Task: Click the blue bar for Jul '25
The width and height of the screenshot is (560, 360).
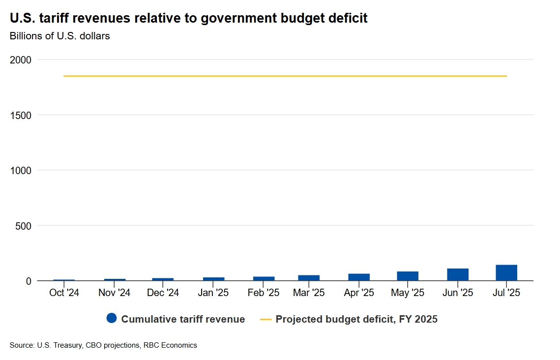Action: [506, 273]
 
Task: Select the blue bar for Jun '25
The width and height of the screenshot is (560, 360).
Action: [457, 275]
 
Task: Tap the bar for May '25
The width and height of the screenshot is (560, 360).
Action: [408, 276]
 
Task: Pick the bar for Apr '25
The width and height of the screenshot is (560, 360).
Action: [359, 277]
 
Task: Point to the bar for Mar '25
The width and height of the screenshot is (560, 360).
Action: [309, 278]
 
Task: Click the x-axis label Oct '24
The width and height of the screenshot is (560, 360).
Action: [64, 293]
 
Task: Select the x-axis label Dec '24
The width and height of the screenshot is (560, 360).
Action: [163, 293]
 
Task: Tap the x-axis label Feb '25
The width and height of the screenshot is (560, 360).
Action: [263, 293]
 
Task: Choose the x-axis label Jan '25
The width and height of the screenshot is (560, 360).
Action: [213, 293]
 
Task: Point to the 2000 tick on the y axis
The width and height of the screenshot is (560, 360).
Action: [21, 60]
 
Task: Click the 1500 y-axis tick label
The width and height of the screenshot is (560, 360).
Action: [21, 115]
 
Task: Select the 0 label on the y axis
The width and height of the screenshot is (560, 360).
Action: [29, 281]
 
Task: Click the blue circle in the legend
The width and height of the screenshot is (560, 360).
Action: [112, 319]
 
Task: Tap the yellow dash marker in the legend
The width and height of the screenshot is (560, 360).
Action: [265, 319]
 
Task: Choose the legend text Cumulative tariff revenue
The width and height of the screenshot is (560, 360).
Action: [183, 319]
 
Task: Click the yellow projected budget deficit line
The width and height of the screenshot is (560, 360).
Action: [285, 76]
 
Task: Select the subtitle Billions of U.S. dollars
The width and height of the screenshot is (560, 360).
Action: [59, 36]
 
